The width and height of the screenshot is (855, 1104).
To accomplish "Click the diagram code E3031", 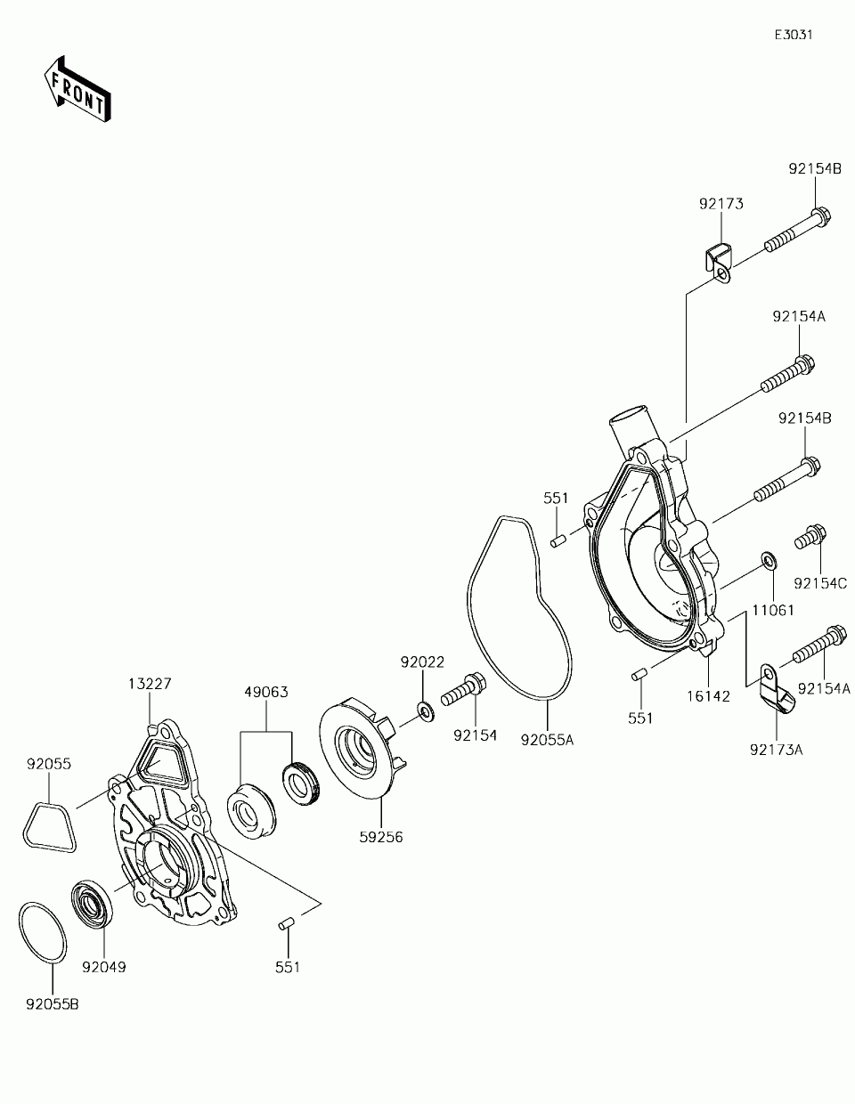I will coord(793,35).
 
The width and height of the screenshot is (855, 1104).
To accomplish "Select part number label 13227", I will coord(150,684).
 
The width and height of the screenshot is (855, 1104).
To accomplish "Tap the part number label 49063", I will coord(266,692).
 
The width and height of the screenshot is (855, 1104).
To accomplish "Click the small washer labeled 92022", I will coord(425,710).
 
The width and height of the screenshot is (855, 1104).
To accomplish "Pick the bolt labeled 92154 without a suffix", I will coord(462,688).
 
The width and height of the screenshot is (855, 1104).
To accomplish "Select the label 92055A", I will coord(547,739).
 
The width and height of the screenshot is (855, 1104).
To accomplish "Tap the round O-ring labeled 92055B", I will coord(41,932).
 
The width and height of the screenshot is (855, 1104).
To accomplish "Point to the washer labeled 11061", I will coord(768,561).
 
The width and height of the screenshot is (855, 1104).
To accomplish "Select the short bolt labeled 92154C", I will coord(810,538).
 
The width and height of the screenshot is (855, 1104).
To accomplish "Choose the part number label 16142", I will coord(708,695).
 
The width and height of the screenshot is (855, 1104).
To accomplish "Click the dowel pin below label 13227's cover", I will coord(287,925).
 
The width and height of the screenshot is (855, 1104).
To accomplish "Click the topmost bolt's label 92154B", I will coord(814,168).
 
